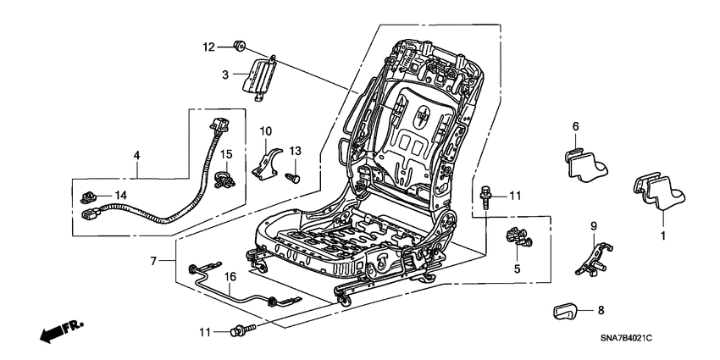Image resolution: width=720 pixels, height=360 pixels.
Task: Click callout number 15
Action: (226, 153)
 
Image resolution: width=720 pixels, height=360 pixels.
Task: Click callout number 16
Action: (228, 276)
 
